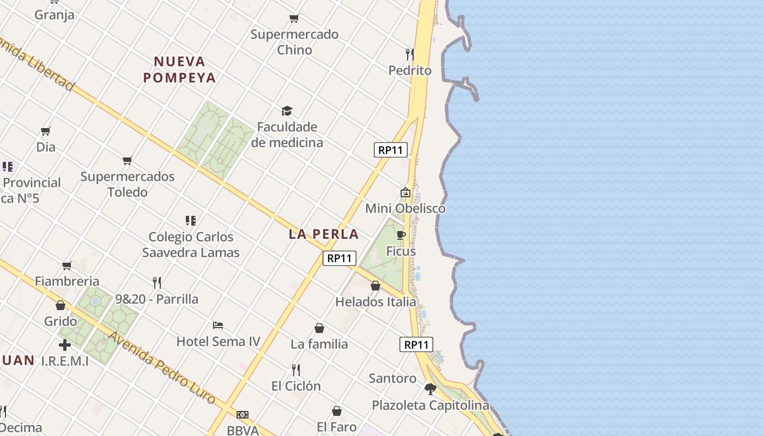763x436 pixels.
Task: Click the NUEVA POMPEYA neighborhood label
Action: [179, 69]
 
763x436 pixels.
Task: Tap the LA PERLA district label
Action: [324, 234]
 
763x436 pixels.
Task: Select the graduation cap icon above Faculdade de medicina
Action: [287, 111]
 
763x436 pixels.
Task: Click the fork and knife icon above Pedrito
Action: [409, 54]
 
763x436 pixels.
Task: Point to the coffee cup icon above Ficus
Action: [401, 235]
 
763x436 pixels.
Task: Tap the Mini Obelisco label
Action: [405, 208]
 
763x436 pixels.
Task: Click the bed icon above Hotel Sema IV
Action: [218, 325]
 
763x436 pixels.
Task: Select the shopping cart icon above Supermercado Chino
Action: [294, 19]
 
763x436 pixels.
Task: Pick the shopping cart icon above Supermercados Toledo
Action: [128, 161]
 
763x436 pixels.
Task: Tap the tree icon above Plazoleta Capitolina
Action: [430, 389]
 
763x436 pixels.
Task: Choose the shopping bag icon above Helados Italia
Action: [376, 286]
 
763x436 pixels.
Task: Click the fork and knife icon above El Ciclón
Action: [296, 370]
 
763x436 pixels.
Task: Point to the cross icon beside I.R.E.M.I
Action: [65, 345]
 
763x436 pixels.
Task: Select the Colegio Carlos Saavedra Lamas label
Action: [191, 245]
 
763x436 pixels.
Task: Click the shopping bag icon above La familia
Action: [319, 328]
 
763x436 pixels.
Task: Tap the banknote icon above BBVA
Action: [243, 415]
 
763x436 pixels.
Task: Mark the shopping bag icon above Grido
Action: [60, 305]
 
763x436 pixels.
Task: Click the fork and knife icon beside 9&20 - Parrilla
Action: [157, 282]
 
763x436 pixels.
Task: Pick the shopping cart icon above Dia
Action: [46, 131]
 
